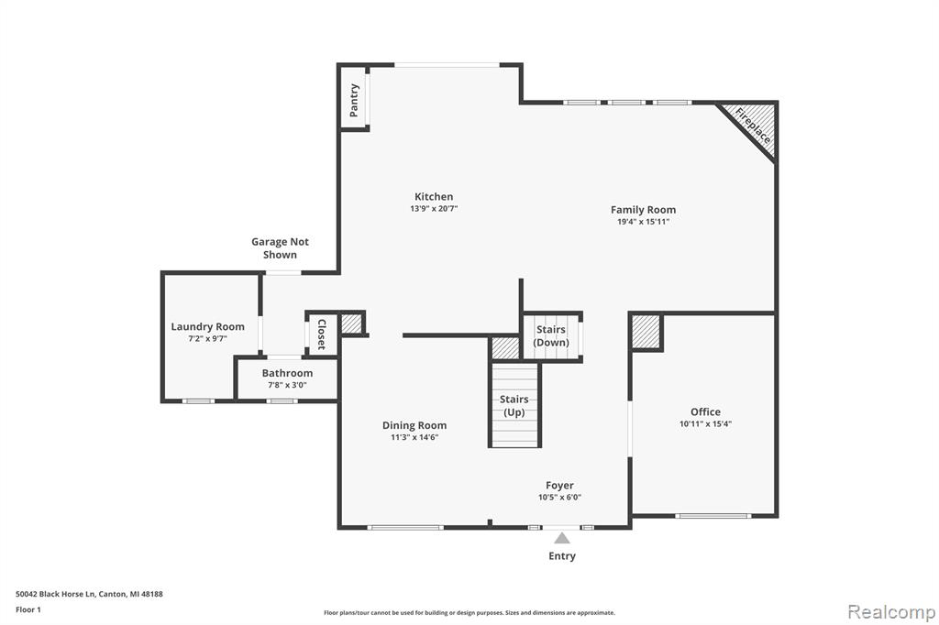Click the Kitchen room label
click(x=434, y=196)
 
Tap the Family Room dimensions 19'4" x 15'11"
click(x=643, y=222)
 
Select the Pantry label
click(x=353, y=100)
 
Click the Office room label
click(x=705, y=411)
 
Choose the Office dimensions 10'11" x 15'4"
click(x=705, y=424)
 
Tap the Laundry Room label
click(x=208, y=327)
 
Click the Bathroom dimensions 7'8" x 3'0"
click(x=287, y=385)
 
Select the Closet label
click(x=321, y=334)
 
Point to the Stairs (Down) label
click(x=551, y=335)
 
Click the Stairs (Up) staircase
click(x=515, y=405)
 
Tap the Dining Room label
click(x=414, y=425)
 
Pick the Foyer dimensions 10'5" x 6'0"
click(x=560, y=497)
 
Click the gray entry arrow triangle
click(x=562, y=538)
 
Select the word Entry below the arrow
click(x=562, y=556)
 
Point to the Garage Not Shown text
click(x=280, y=247)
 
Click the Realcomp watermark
click(x=891, y=612)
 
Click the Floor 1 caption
click(x=28, y=609)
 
